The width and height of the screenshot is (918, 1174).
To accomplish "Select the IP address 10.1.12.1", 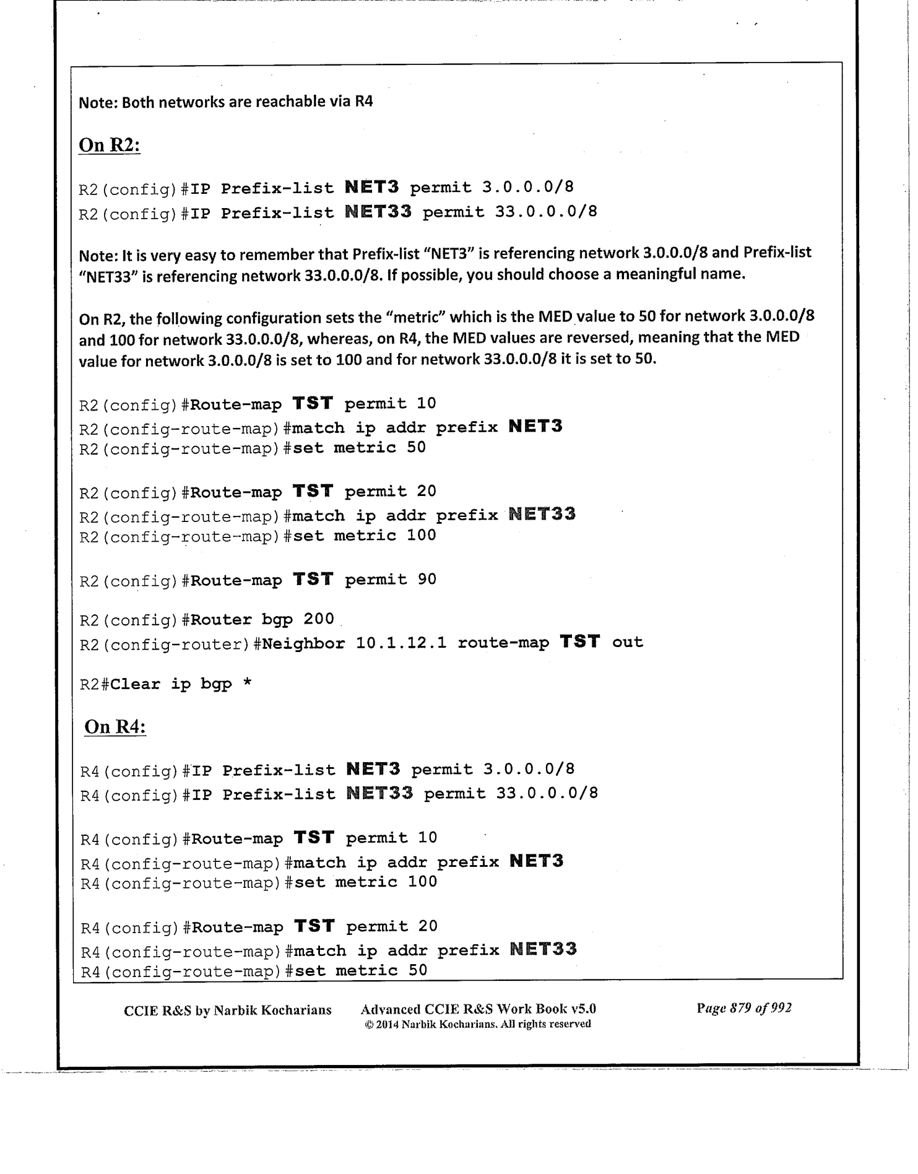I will click(401, 643).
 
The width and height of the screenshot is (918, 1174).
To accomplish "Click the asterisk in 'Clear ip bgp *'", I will click(247, 684).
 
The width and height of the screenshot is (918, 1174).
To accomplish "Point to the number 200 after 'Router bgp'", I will click(318, 619).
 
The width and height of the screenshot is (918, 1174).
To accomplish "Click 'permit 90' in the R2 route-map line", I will click(390, 580).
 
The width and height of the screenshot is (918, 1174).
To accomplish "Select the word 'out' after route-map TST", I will click(627, 643).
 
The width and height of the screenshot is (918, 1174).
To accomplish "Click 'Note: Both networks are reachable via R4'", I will click(226, 102).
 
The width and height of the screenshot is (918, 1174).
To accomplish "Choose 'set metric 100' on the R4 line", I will click(365, 882).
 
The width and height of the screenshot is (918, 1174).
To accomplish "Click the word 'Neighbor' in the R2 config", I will click(303, 643).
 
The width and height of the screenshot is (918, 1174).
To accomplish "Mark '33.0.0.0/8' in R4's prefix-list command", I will click(547, 793).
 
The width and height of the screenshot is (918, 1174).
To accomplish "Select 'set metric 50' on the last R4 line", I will click(361, 970).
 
